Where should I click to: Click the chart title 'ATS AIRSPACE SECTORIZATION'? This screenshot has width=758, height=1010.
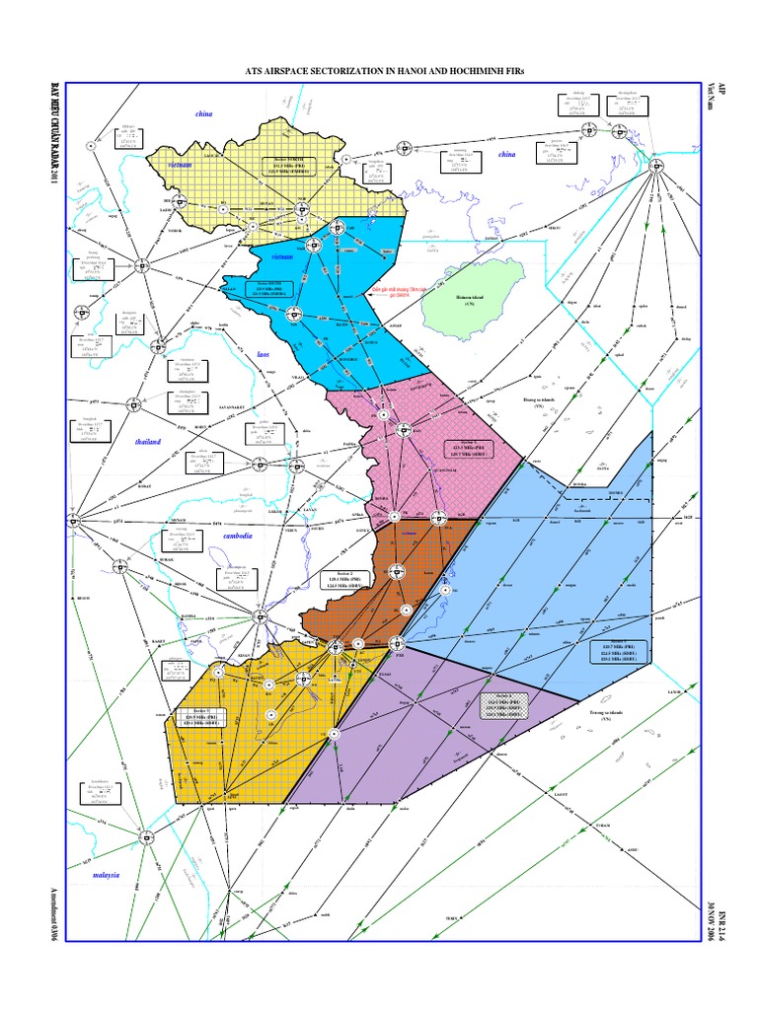(x=378, y=71)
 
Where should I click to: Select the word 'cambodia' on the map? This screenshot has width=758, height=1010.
(x=238, y=536)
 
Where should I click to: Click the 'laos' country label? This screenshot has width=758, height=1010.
(x=264, y=351)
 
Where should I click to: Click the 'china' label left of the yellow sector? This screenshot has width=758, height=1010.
(x=204, y=115)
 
